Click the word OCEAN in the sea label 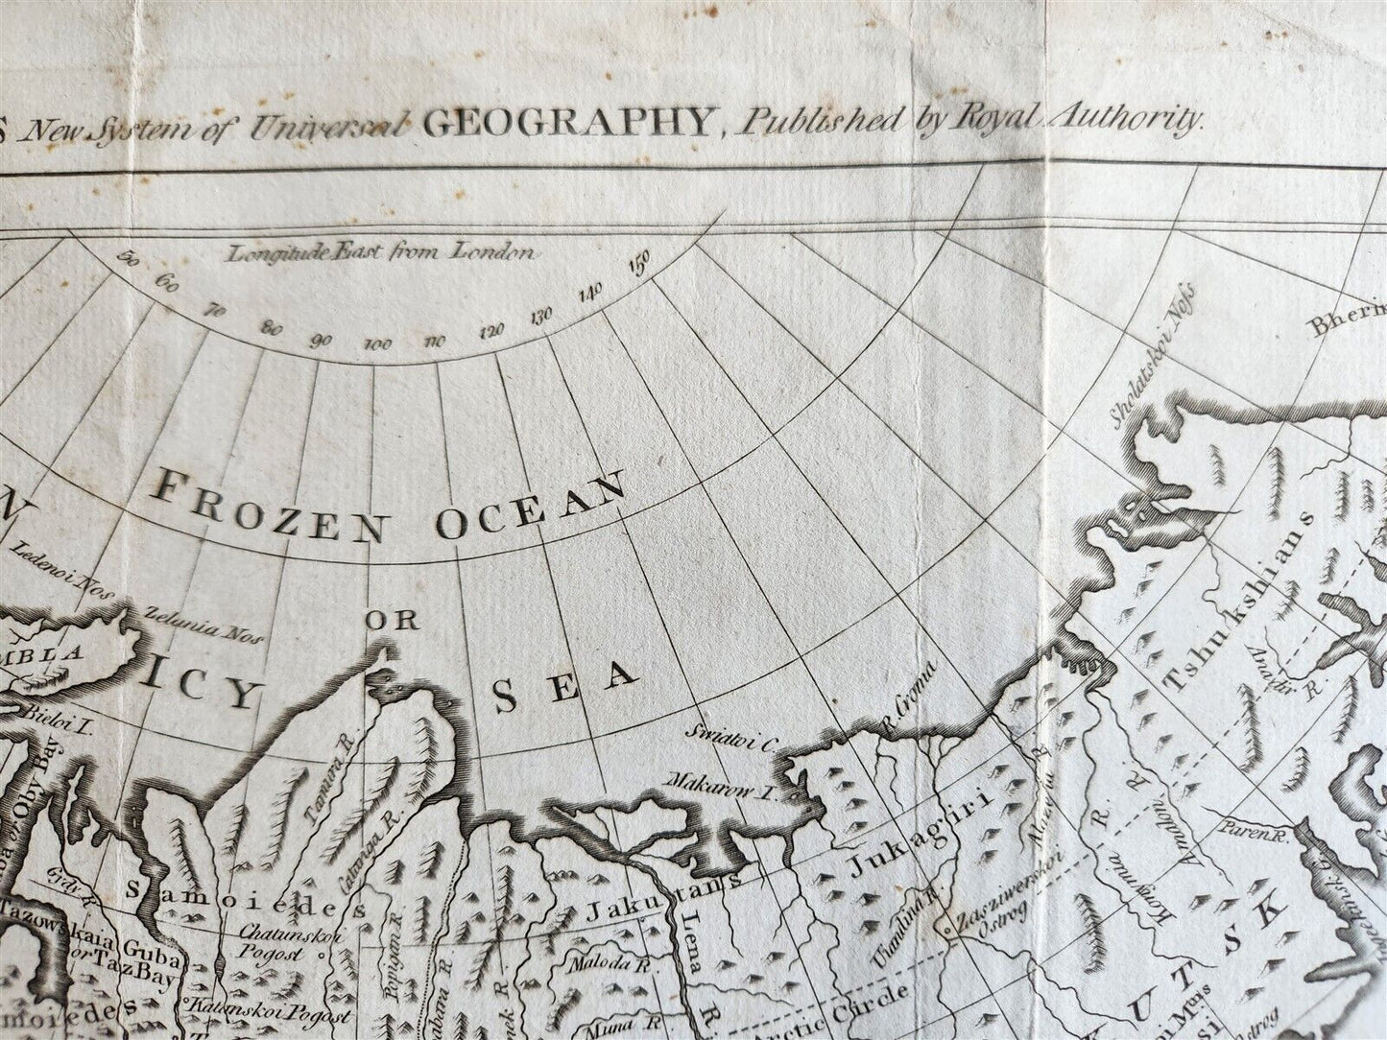pyautogui.click(x=530, y=503)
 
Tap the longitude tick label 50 pyautogui.click(x=127, y=258)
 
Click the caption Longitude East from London pyautogui.click(x=380, y=253)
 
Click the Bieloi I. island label pyautogui.click(x=54, y=729)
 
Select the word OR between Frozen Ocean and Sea pyautogui.click(x=393, y=620)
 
